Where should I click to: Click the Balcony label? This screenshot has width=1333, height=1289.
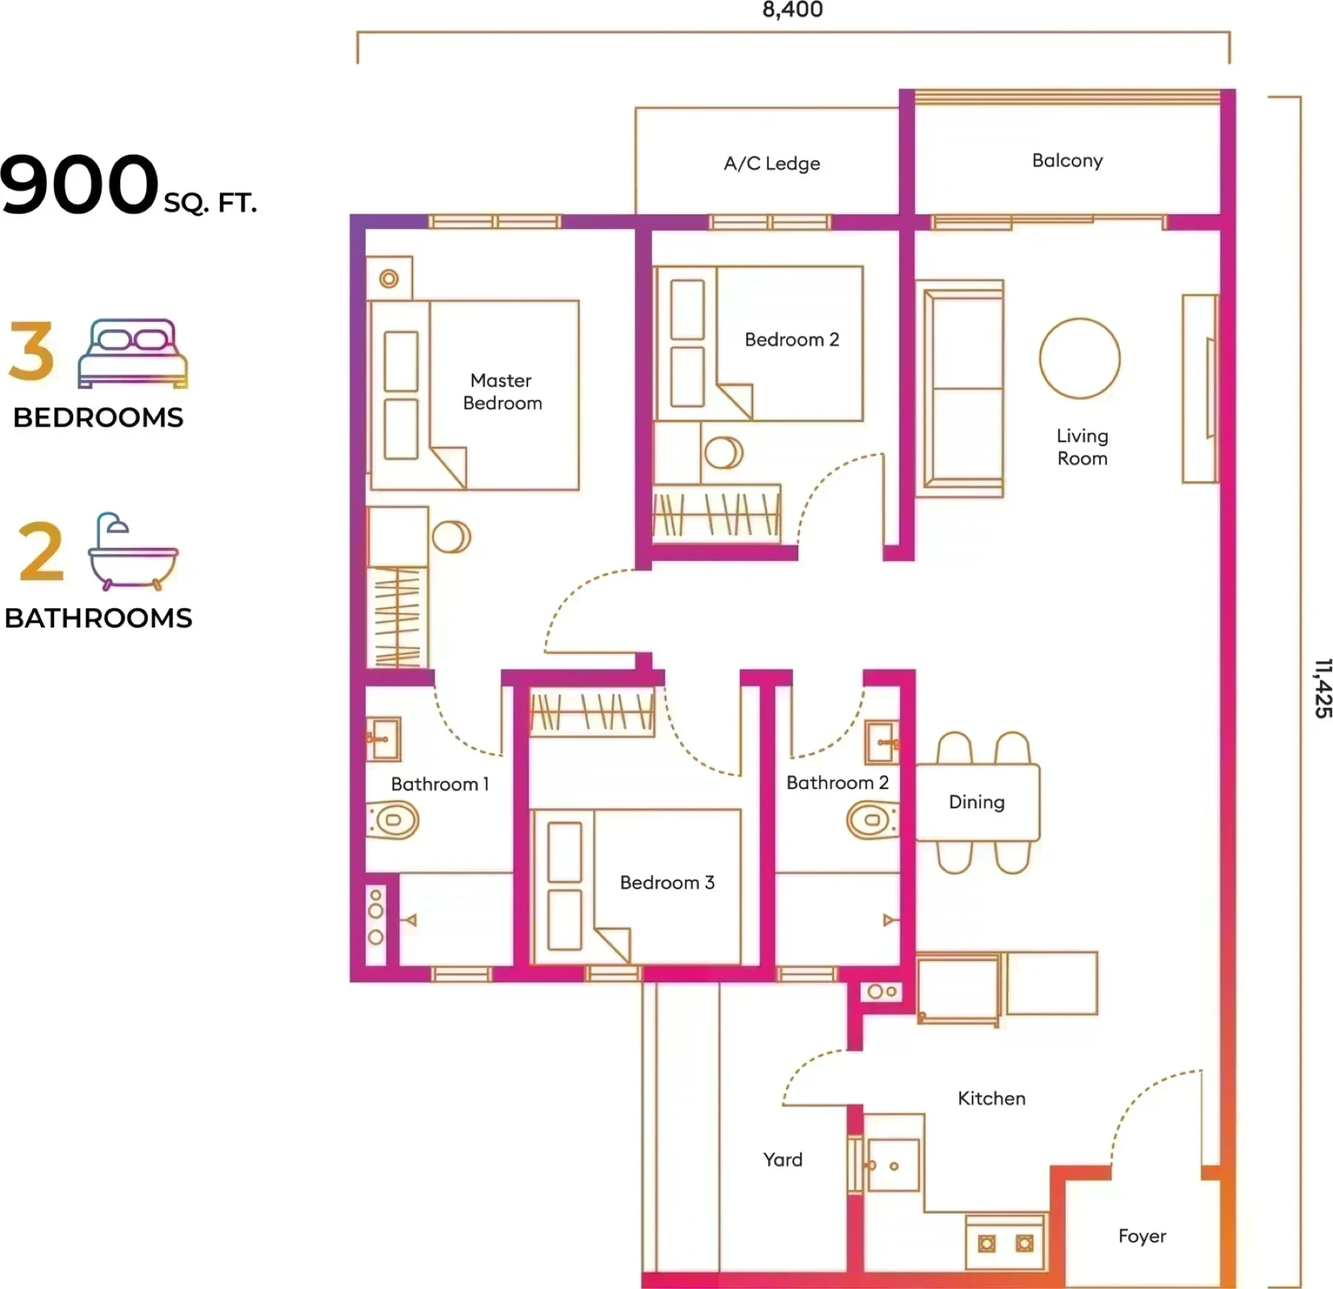click(x=1067, y=161)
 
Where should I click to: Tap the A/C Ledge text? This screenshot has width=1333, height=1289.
click(x=772, y=163)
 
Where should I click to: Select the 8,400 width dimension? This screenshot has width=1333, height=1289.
click(x=792, y=10)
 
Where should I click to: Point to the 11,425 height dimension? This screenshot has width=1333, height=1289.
click(x=1323, y=688)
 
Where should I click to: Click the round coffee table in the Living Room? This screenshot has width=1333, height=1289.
click(x=1080, y=359)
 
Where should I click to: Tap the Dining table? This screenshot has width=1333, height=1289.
click(x=978, y=802)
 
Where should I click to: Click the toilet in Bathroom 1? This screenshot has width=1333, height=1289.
click(x=393, y=820)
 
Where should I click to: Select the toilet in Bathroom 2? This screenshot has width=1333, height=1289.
click(x=872, y=820)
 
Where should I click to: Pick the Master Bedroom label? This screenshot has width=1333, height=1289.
click(x=502, y=392)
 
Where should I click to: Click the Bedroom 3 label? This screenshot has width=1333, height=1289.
click(x=667, y=882)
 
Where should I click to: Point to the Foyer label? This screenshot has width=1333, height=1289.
click(x=1142, y=1236)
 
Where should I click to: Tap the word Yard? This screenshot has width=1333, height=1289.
click(x=783, y=1159)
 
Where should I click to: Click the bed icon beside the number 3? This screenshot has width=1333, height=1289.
click(x=133, y=353)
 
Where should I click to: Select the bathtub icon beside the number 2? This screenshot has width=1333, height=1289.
click(x=133, y=551)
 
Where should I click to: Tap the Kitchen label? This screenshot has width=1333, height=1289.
click(x=992, y=1098)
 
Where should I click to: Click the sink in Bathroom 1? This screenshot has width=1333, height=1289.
click(x=384, y=739)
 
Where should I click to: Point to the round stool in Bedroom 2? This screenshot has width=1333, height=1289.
click(x=724, y=453)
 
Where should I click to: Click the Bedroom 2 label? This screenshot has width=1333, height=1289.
click(x=792, y=339)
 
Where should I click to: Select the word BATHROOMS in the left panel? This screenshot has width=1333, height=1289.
click(x=98, y=618)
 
